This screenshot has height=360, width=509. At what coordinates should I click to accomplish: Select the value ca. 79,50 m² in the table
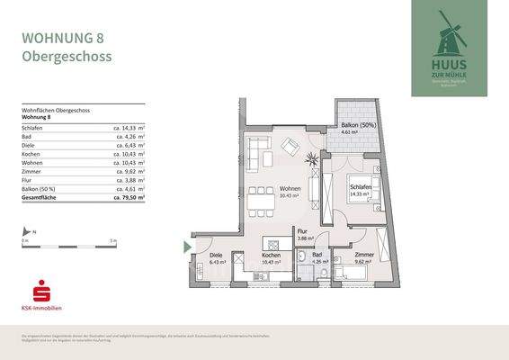(x=129, y=194)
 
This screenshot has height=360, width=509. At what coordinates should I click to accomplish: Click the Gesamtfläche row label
(x=41, y=194)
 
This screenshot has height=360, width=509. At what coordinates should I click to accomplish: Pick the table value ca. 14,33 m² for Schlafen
(x=129, y=130)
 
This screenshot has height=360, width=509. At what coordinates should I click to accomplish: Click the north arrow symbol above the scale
(x=26, y=233)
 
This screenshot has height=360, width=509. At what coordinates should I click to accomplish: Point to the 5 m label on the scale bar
(x=112, y=240)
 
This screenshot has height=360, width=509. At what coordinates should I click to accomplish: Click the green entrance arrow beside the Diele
(x=187, y=247)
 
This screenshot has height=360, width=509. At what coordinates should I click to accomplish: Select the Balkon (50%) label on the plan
(x=355, y=125)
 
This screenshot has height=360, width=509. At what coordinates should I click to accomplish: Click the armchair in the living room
(x=290, y=144)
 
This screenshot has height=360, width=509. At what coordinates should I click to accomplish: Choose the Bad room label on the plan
(x=317, y=255)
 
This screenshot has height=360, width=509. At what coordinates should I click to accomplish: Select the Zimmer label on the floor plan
(x=364, y=255)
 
